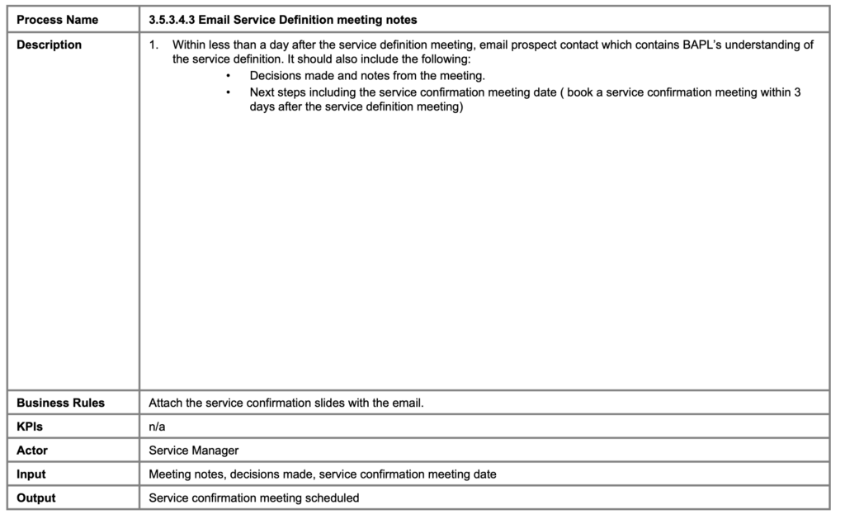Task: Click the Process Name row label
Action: [57, 20]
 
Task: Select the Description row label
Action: [50, 45]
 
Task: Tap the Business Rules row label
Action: [61, 403]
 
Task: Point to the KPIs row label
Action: [30, 427]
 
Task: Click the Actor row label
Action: [32, 451]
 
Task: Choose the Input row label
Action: [31, 474]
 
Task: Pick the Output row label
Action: [36, 498]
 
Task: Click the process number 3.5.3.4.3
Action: [172, 20]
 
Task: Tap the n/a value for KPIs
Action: [157, 427]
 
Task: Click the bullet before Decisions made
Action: [228, 76]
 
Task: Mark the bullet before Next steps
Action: [228, 92]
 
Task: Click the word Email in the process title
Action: [215, 20]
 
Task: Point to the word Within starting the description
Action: [189, 45]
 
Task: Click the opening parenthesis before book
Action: [560, 92]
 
